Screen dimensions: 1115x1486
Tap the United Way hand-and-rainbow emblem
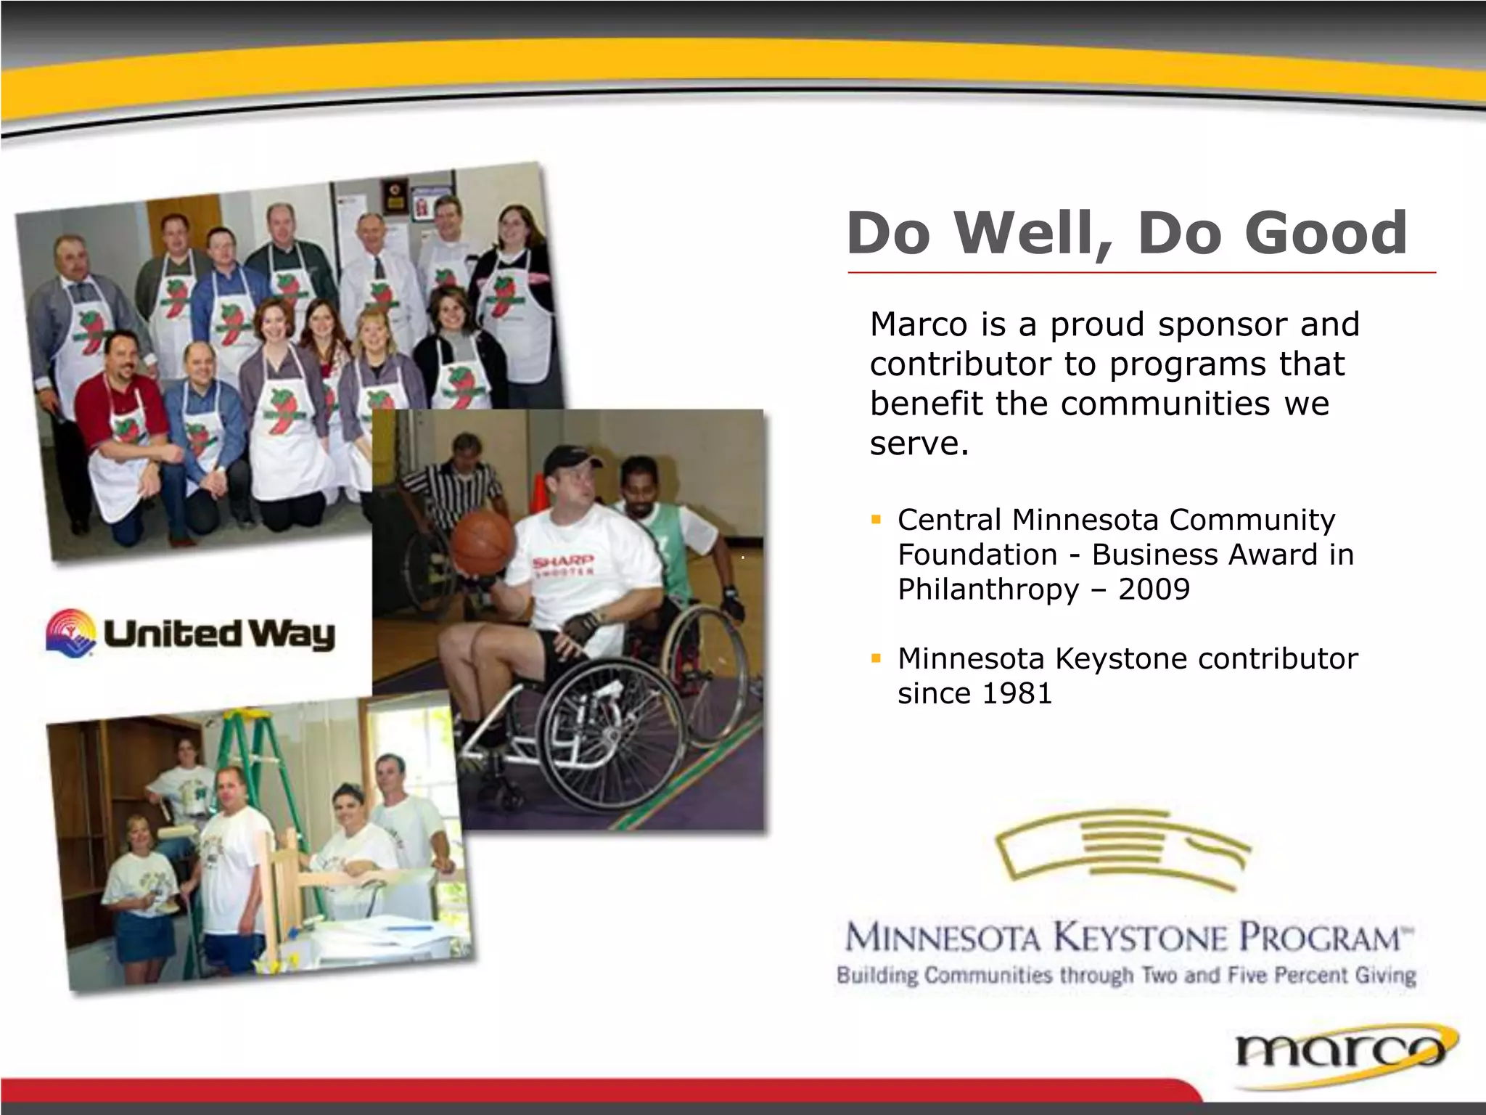[x=71, y=632]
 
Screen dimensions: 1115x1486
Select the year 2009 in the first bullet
[x=1154, y=589]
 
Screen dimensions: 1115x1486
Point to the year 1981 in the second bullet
[x=1015, y=693]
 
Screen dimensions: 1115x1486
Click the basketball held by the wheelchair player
[x=483, y=542]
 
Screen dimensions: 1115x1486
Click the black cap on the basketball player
[x=570, y=457]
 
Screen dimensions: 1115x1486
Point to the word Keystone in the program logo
[x=1139, y=937]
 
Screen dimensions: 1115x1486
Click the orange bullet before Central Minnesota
[x=877, y=520]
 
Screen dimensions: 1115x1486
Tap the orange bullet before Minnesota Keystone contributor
[x=877, y=659]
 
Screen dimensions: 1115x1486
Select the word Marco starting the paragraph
[x=919, y=324]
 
